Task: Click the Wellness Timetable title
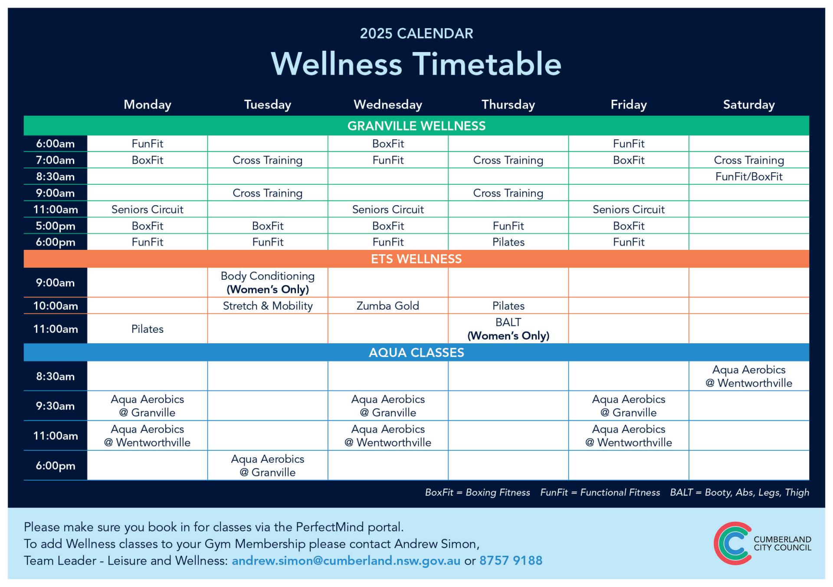[416, 64]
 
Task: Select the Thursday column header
[508, 105]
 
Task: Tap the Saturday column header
[749, 105]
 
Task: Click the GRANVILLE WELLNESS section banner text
[416, 126]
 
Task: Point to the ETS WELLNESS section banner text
[416, 259]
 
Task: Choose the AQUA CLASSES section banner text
[416, 352]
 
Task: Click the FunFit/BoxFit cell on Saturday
[749, 177]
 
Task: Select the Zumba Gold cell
[388, 306]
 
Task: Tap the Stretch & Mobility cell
[268, 306]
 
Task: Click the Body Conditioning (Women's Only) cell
[268, 282]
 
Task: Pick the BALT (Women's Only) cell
[508, 329]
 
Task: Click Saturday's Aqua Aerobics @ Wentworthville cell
[749, 376]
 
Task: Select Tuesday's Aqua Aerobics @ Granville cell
[268, 466]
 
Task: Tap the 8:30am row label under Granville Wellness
[55, 177]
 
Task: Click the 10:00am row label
[56, 306]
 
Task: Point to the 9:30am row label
[55, 406]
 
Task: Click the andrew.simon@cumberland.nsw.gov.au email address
[346, 561]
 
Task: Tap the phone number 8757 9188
[511, 561]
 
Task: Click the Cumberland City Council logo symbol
[733, 543]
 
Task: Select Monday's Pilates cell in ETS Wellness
[148, 329]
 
